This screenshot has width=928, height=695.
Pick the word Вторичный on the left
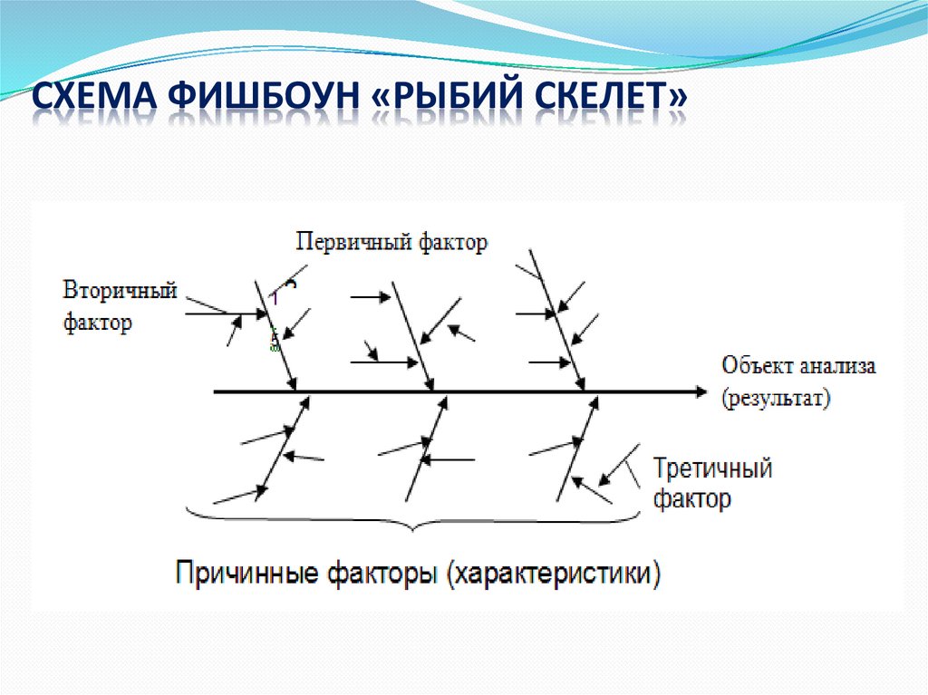coord(119,291)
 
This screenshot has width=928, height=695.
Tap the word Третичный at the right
coord(712,468)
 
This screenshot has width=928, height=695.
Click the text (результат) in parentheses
coord(776,398)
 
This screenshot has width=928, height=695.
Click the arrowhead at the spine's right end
coord(701,391)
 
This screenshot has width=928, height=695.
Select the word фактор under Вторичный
coord(97,323)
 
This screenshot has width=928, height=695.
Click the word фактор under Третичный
coord(692,499)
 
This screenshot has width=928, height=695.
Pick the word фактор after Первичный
coord(453,242)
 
